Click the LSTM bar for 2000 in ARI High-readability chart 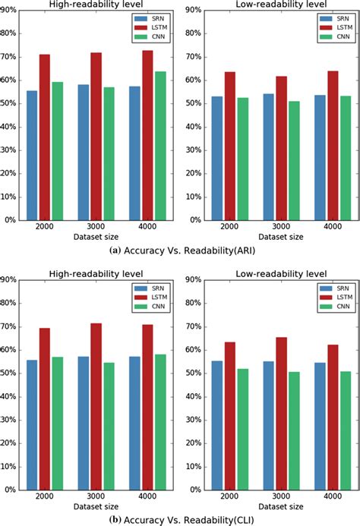[x=45, y=137]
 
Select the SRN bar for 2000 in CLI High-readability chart [x=32, y=424]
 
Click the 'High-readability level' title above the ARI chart [x=96, y=5]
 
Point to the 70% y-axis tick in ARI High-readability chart [x=9, y=57]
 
